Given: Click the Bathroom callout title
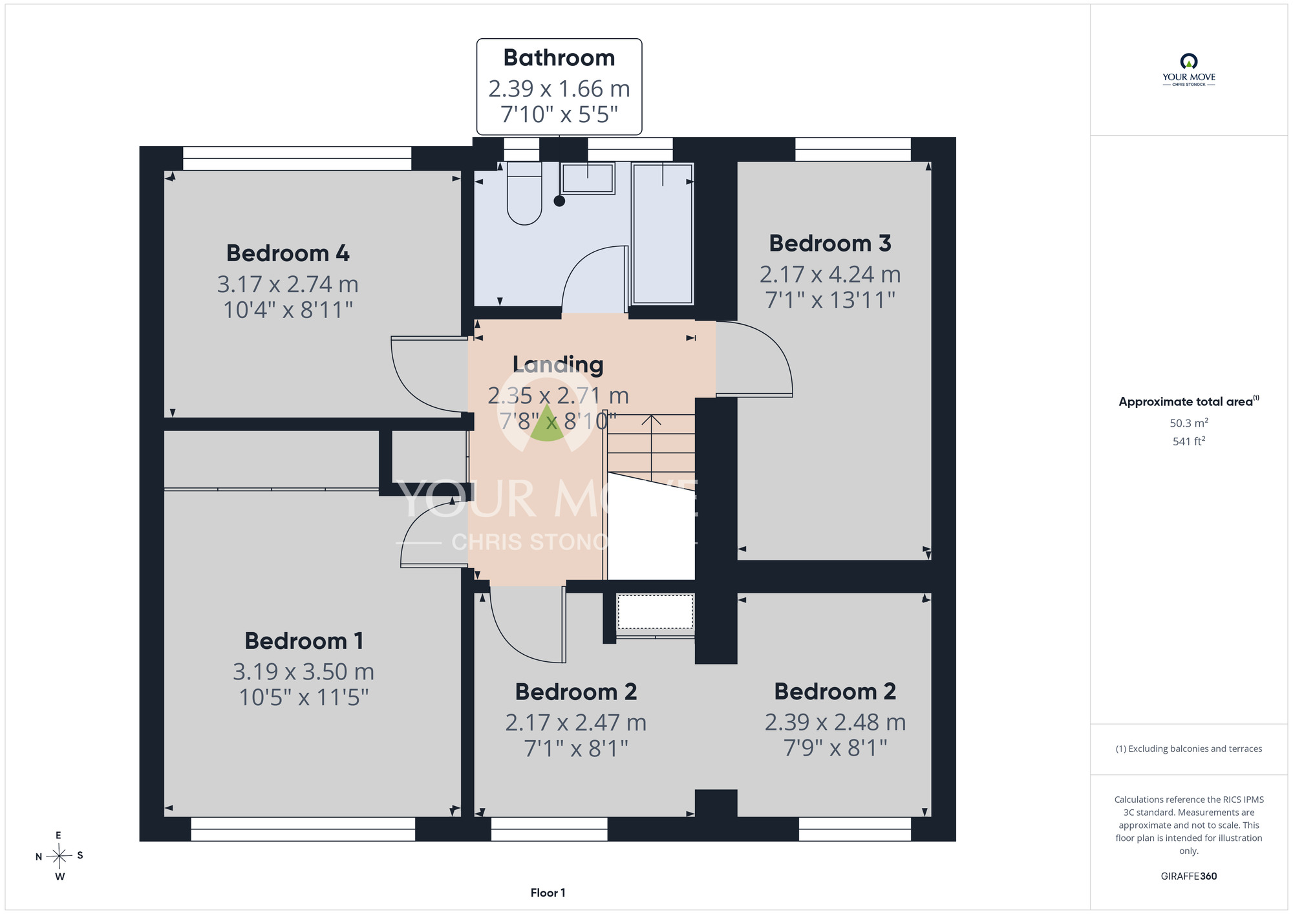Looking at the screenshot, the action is point(559,58).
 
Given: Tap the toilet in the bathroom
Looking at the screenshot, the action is point(524,193).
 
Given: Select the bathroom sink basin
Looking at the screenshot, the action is point(588,178).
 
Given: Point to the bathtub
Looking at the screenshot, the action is point(663,233).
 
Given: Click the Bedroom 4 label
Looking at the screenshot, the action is point(288,253).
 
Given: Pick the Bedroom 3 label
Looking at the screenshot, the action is point(830,244).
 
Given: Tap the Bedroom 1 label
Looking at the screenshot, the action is point(304,641).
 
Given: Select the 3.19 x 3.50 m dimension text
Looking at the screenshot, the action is point(304,672).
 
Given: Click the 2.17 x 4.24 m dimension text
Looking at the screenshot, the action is point(830,275).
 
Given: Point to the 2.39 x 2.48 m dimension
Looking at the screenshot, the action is point(835,722).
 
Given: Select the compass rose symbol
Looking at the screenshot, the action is point(59,856).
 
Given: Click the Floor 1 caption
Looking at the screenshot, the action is point(548,893).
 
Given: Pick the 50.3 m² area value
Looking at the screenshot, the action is point(1189,423).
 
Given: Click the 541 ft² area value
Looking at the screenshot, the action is point(1189,441).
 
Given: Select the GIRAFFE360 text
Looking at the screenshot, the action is point(1189,877).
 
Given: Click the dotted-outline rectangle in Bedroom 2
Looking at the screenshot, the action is point(655,611).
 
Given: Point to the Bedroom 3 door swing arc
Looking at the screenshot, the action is point(769,349).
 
